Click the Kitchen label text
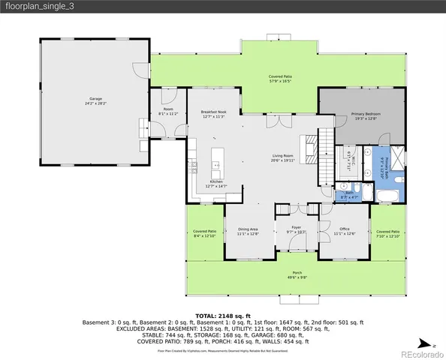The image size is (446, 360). click(216, 184)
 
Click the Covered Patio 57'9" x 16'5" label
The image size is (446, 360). click(281, 78)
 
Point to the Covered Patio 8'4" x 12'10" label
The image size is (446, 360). click(204, 233)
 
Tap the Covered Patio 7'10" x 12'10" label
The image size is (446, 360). click(388, 233)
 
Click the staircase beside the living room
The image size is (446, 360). click(325, 154)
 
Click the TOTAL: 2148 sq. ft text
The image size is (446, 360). click(222, 316)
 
